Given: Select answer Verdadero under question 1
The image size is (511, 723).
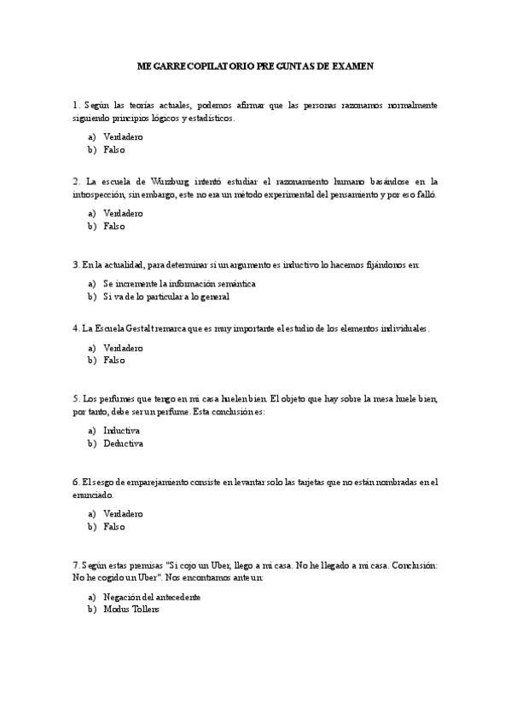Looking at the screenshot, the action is point(123,136).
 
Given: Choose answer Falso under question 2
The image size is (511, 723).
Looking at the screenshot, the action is point(113,227).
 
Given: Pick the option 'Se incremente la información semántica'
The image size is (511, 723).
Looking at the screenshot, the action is point(179,284).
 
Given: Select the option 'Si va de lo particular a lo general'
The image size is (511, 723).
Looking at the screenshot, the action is point(166,298).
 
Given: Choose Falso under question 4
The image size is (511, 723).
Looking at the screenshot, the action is point(113,361).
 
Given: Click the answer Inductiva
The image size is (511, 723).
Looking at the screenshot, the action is point(121,431).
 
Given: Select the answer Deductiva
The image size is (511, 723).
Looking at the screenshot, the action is point(123,444).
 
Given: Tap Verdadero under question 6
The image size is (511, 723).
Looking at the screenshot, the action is point(123,514).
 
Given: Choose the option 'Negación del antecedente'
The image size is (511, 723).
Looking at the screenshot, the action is point(152,597).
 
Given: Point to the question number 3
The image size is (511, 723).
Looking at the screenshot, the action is point(76,265).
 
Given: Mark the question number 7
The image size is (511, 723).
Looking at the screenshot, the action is point(76,565).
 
